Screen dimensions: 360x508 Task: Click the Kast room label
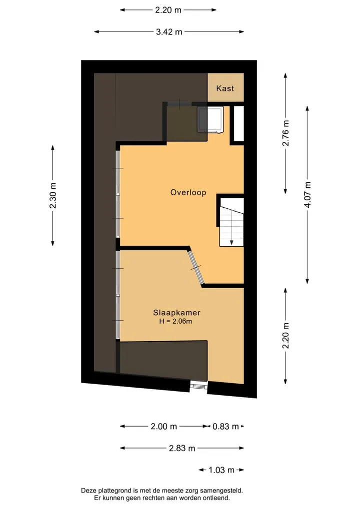click(x=225, y=88)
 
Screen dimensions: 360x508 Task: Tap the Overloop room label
click(x=188, y=192)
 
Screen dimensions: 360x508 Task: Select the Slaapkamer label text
click(x=177, y=313)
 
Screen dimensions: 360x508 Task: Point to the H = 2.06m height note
click(x=175, y=321)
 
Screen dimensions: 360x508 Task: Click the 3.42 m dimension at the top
click(x=169, y=32)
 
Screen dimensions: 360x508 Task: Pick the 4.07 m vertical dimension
click(x=307, y=194)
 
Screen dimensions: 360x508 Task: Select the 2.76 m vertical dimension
click(x=285, y=133)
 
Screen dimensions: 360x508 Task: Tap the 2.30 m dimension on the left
click(x=53, y=195)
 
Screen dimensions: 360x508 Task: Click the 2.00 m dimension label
click(x=164, y=427)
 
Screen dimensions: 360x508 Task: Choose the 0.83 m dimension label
click(x=225, y=427)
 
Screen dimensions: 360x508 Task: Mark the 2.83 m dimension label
click(x=182, y=448)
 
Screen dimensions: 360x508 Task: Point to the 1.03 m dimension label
click(x=221, y=470)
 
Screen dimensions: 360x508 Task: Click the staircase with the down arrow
click(x=231, y=222)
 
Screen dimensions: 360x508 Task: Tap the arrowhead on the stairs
click(x=231, y=242)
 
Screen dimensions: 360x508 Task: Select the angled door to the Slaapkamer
click(x=196, y=267)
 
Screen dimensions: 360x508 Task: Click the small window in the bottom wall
click(x=198, y=386)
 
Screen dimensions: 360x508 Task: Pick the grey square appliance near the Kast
click(x=210, y=119)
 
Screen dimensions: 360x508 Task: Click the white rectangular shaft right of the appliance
click(x=238, y=123)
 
